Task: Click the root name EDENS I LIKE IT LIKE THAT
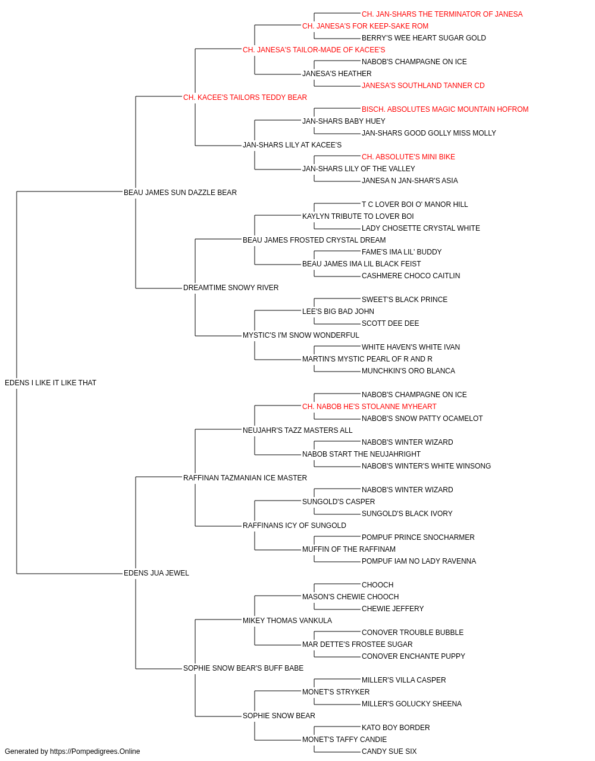click(x=51, y=383)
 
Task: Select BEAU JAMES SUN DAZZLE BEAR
click(x=180, y=192)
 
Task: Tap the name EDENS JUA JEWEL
click(x=156, y=573)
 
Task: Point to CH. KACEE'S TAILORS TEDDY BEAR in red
click(x=245, y=98)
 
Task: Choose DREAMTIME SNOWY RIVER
click(x=231, y=288)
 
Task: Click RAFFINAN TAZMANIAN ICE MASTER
click(x=245, y=477)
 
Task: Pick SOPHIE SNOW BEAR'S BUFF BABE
click(x=243, y=668)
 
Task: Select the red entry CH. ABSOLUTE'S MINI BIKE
click(x=408, y=157)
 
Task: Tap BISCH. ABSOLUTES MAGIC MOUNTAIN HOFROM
click(x=445, y=109)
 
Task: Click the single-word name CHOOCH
click(x=377, y=585)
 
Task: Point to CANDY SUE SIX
click(x=389, y=751)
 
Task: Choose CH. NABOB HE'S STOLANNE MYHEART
click(x=369, y=407)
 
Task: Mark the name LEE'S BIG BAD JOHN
click(x=338, y=312)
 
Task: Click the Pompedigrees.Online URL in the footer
click(x=95, y=751)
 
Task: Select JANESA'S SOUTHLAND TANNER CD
click(x=423, y=86)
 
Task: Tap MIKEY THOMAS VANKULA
click(x=287, y=621)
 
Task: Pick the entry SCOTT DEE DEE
click(x=390, y=323)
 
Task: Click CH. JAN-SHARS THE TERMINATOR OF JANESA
click(x=442, y=14)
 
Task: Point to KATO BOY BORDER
click(x=396, y=727)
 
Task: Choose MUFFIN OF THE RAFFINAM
click(x=349, y=549)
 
